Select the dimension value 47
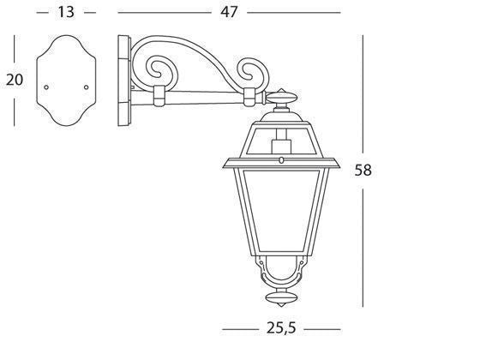230,12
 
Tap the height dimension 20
14,80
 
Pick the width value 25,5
275,328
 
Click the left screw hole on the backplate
48,86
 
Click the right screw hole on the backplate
87,86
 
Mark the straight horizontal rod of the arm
206,96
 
